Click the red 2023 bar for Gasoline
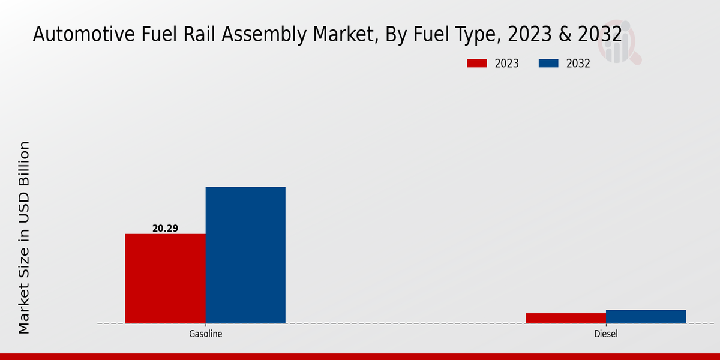[165, 278]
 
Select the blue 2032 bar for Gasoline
[245, 255]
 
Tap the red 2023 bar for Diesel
[566, 318]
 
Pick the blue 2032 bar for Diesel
[646, 316]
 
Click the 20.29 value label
[165, 229]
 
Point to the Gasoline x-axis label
[206, 334]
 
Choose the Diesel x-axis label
[606, 334]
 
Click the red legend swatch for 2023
[477, 64]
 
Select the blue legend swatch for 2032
[549, 64]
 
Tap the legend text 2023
[507, 64]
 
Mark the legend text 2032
[578, 64]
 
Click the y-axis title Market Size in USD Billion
[24, 237]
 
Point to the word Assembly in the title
[260, 34]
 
